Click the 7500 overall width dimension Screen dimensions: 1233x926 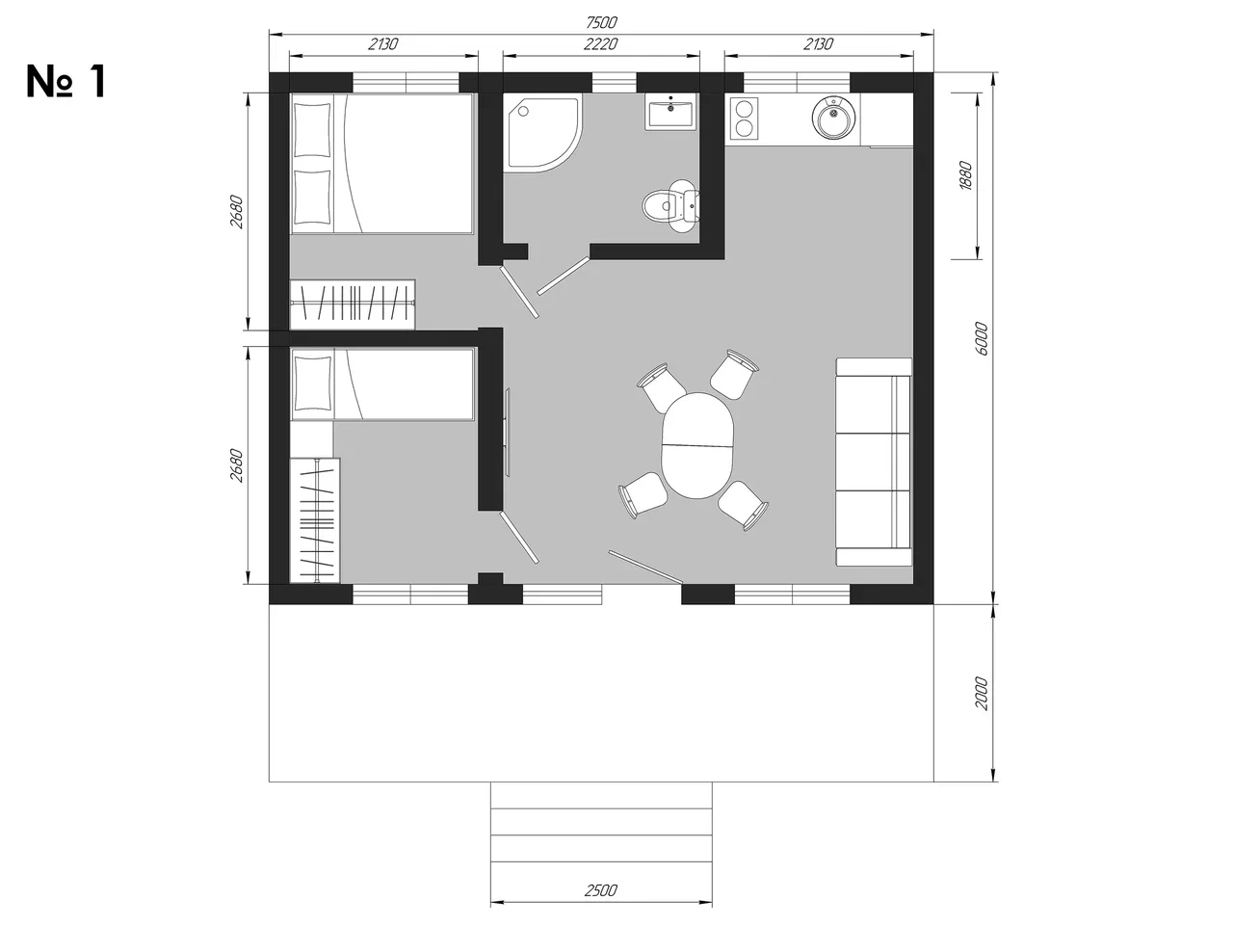click(x=601, y=22)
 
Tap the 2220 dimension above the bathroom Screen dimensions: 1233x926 click(x=600, y=43)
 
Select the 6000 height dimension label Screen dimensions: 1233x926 click(x=982, y=338)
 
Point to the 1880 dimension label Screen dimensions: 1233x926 click(x=965, y=175)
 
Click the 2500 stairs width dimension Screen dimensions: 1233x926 click(x=600, y=890)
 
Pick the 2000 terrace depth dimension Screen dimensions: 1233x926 click(x=981, y=694)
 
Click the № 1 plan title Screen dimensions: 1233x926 click(x=66, y=82)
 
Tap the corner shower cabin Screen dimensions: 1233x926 click(x=542, y=133)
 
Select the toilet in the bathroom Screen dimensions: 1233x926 click(x=670, y=206)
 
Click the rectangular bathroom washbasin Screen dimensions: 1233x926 click(x=670, y=112)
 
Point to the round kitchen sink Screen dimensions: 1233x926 click(x=833, y=118)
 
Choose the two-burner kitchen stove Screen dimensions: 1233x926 click(x=745, y=118)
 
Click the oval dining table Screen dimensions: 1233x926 click(x=697, y=445)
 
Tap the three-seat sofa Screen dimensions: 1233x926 click(x=874, y=462)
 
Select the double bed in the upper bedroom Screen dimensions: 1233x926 click(x=381, y=164)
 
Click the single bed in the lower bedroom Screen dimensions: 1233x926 click(x=382, y=384)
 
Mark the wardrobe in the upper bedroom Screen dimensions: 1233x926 click(x=353, y=304)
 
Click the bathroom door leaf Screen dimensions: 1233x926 click(x=564, y=276)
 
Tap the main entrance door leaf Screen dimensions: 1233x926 click(x=646, y=567)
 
